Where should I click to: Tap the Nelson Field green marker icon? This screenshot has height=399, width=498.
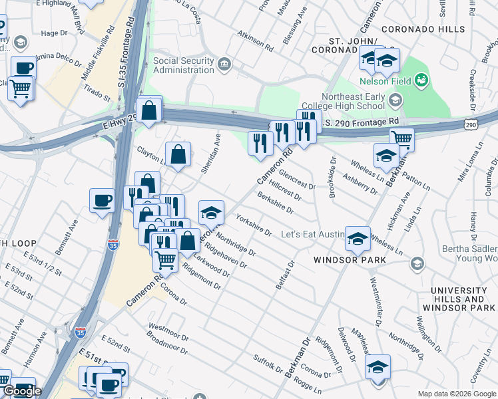(420, 81)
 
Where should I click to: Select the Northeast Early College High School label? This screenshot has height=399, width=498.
(343, 101)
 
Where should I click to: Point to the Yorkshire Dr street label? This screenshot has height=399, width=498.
(254, 226)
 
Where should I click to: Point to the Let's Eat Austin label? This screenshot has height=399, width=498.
(312, 235)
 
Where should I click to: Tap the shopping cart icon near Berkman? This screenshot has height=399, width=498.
(401, 140)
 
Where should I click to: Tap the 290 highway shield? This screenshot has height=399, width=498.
(471, 125)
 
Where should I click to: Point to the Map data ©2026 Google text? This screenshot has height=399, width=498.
(455, 394)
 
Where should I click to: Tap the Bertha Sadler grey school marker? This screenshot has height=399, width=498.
(417, 263)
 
